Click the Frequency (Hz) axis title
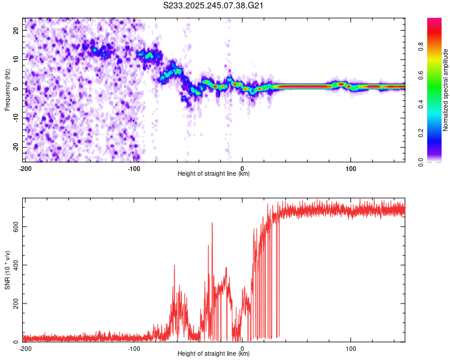pyautogui.click(x=7, y=90)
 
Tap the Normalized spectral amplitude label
pyautogui.click(x=446, y=90)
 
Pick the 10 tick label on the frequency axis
pyautogui.click(x=17, y=59)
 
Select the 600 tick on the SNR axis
pyautogui.click(x=14, y=226)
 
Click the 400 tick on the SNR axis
pyautogui.click(x=14, y=265)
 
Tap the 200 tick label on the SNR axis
pyautogui.click(x=14, y=304)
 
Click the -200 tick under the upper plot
pyautogui.click(x=25, y=169)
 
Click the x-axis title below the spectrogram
pyautogui.click(x=214, y=174)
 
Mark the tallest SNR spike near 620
pyautogui.click(x=212, y=223)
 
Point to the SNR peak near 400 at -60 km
pyautogui.click(x=174, y=265)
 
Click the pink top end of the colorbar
pyautogui.click(x=435, y=21)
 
